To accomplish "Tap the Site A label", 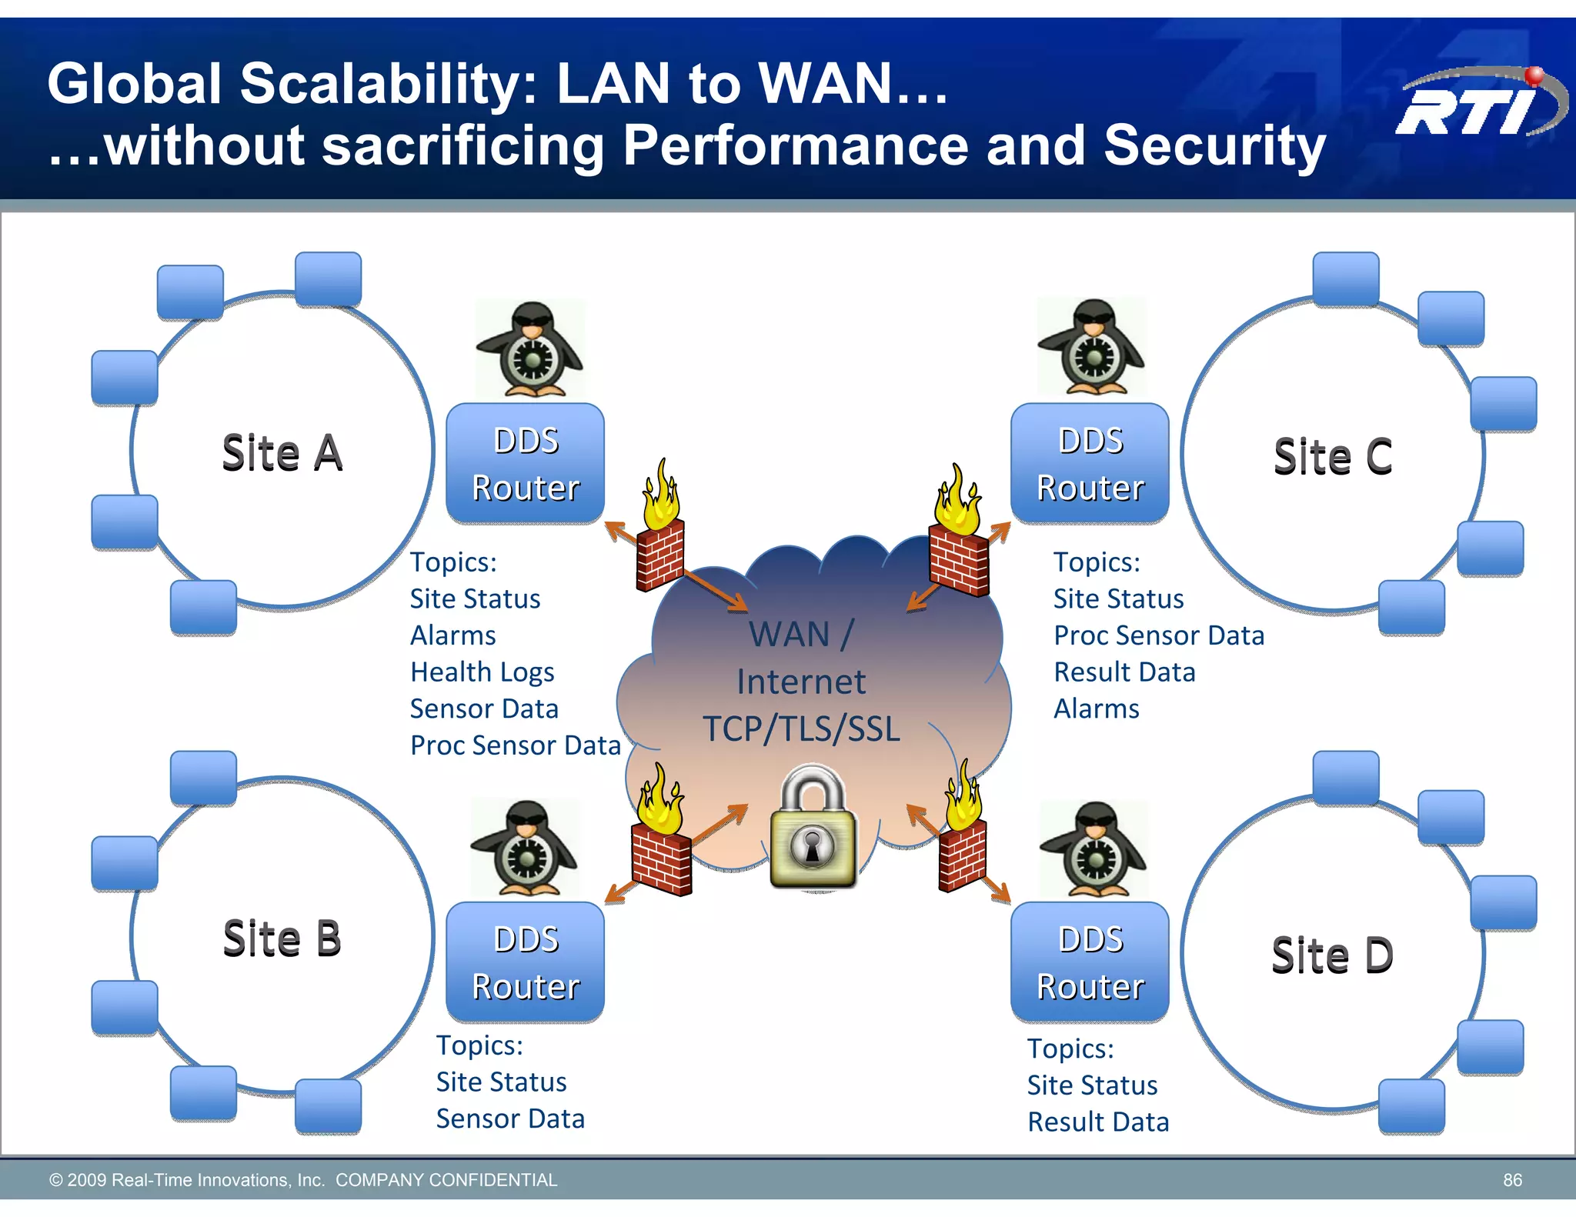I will (282, 453).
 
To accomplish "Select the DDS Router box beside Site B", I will (526, 962).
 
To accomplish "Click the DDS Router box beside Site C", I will (1090, 464).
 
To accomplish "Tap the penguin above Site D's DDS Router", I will (1094, 849).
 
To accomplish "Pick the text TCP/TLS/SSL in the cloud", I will (801, 729).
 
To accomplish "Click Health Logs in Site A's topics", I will (482, 672).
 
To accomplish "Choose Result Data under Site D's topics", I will (1098, 1122).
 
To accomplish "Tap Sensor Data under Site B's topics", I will (510, 1119).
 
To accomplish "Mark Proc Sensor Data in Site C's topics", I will (1158, 635).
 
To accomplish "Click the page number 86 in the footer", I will (1512, 1180).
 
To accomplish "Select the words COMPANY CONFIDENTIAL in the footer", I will (446, 1180).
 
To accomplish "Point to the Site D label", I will (1332, 956).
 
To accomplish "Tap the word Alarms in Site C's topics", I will (1096, 709).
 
